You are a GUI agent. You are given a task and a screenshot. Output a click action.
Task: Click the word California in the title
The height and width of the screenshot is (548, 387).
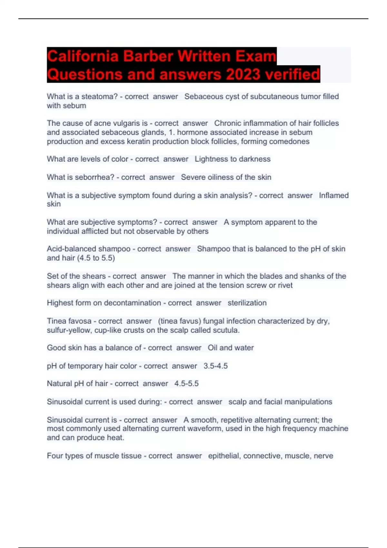(x=83, y=56)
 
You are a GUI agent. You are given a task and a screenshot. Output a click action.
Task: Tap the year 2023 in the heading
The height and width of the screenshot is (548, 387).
(x=243, y=74)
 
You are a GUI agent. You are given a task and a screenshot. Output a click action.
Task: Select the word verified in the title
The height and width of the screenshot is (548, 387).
(x=292, y=74)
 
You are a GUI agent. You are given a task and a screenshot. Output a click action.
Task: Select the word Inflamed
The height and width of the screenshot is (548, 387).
(x=334, y=195)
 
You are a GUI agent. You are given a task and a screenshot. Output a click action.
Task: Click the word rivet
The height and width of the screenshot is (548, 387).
(x=285, y=285)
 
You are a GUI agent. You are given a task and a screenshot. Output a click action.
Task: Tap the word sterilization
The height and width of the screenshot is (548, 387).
(x=247, y=303)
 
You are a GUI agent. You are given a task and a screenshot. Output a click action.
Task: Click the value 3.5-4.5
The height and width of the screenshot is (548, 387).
(x=215, y=366)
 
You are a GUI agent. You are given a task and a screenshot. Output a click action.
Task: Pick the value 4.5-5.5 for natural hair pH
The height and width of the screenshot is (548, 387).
(x=186, y=384)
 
